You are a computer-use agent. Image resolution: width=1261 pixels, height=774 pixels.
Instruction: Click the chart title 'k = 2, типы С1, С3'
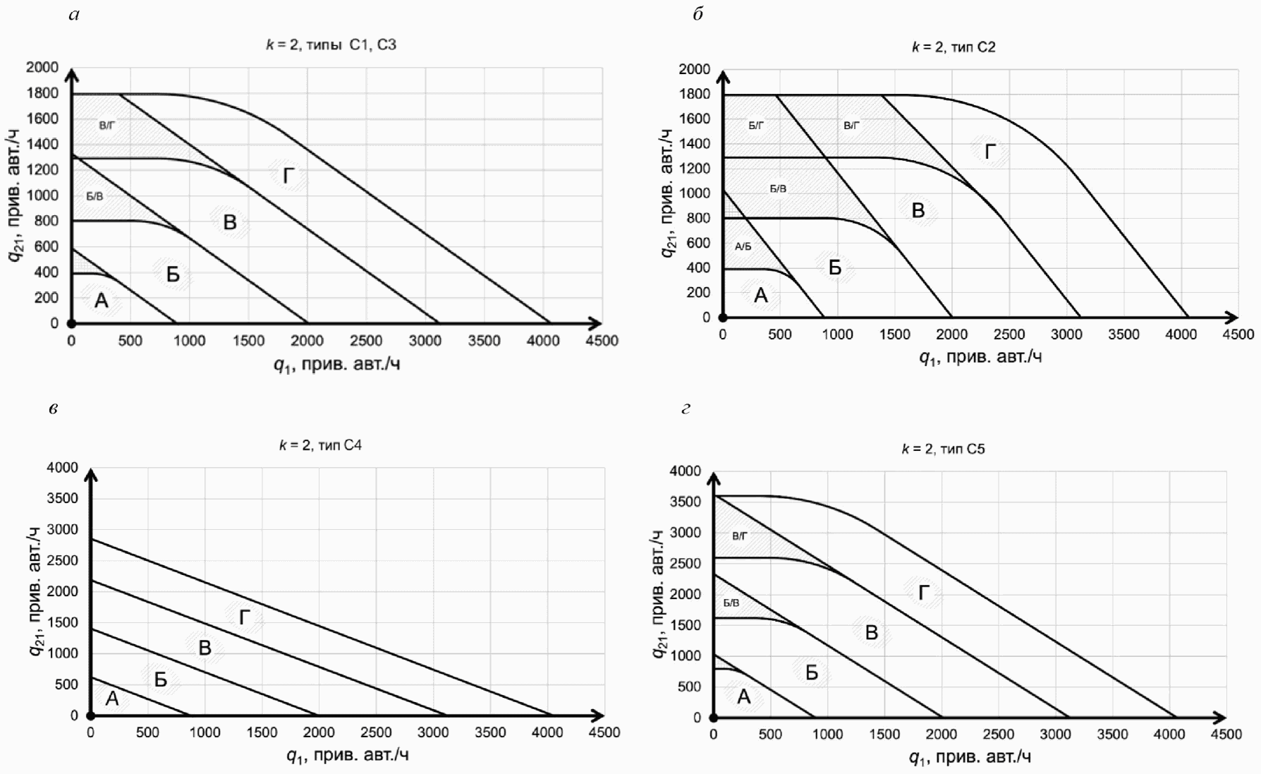tap(331, 45)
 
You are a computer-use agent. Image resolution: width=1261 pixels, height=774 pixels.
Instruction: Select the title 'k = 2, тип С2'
tap(954, 47)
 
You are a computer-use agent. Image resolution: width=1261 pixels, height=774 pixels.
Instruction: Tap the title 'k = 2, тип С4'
tap(320, 445)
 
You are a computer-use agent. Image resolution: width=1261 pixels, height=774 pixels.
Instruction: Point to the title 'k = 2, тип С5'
tap(943, 449)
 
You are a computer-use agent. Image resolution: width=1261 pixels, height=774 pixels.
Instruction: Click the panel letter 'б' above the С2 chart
tap(697, 14)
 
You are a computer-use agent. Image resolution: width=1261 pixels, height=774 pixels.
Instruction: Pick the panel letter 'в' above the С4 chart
tap(54, 409)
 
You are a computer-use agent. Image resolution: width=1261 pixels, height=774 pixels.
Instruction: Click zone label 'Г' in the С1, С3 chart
tap(288, 176)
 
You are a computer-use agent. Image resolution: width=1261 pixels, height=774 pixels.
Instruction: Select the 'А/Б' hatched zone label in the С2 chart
tap(743, 247)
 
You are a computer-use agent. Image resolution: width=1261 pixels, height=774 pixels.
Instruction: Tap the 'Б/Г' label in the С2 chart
tap(756, 126)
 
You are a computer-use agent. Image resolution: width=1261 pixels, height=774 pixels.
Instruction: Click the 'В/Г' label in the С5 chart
tap(739, 536)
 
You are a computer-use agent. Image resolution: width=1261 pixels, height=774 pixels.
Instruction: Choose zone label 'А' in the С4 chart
tap(112, 699)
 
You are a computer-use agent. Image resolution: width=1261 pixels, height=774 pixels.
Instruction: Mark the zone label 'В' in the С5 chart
tap(872, 632)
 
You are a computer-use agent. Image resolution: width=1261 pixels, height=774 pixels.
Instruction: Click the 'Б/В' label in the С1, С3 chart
tap(95, 196)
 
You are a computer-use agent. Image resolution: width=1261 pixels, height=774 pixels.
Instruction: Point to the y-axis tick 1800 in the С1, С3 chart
tap(42, 93)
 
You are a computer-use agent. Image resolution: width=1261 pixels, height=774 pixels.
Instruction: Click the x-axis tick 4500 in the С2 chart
tap(1238, 334)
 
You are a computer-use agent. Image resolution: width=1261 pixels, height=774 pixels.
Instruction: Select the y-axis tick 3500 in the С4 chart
tap(62, 498)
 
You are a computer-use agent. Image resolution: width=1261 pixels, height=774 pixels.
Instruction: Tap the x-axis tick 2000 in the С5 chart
tap(941, 734)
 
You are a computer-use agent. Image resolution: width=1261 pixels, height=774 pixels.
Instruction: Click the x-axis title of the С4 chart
tap(347, 756)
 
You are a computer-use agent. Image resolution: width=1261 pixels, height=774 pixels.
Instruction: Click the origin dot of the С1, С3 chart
tap(72, 324)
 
